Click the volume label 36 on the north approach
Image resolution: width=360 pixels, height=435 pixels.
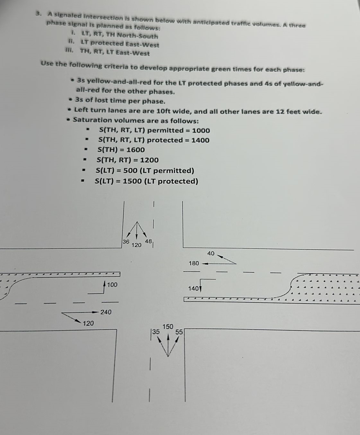click(126, 242)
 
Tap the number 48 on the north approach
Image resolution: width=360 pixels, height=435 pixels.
click(148, 241)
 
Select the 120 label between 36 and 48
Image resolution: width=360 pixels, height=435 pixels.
click(136, 245)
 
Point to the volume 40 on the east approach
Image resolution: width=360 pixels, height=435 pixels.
click(211, 253)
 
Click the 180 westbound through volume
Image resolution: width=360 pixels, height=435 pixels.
click(194, 263)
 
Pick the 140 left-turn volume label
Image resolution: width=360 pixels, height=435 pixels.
click(193, 289)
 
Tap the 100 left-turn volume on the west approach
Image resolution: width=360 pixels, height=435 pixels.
click(112, 285)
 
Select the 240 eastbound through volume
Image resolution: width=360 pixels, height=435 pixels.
click(106, 312)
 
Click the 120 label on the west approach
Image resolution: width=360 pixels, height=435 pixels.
click(88, 323)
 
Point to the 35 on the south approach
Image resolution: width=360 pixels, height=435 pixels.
click(155, 332)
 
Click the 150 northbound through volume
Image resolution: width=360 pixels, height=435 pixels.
click(168, 327)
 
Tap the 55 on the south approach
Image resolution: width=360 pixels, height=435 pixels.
click(179, 332)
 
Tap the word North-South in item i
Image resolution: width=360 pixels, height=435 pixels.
click(142, 36)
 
